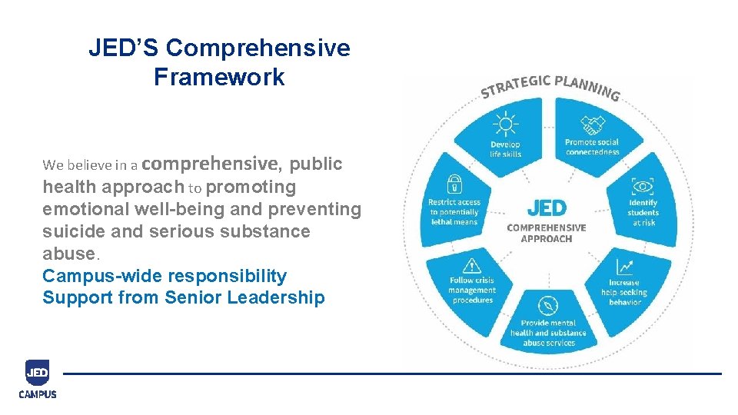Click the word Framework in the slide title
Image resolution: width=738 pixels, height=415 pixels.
tap(219, 78)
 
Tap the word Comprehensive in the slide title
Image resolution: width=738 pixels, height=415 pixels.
tap(258, 48)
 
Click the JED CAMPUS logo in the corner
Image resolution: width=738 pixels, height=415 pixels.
tap(38, 379)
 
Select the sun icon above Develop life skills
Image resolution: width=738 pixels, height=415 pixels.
tap(505, 123)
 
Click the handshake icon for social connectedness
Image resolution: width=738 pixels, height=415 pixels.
tap(592, 124)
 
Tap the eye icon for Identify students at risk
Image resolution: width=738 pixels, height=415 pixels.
tap(643, 186)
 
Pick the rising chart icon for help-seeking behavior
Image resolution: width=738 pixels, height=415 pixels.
tap(624, 267)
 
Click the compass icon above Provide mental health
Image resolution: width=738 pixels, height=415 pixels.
tap(548, 305)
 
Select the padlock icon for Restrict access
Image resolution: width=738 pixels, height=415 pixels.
tap(454, 184)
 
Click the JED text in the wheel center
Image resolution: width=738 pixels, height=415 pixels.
tap(547, 207)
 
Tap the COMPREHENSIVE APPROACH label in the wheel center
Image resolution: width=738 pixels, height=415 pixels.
tap(547, 233)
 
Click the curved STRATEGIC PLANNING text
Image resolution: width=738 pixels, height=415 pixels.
tap(550, 86)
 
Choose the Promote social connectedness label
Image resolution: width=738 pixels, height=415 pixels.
tap(592, 147)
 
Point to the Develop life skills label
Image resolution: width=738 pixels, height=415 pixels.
tap(505, 149)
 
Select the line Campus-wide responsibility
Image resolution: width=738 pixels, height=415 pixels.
tap(165, 276)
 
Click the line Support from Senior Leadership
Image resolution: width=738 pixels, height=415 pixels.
tap(184, 298)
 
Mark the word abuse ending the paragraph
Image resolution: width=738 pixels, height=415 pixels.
tap(67, 254)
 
